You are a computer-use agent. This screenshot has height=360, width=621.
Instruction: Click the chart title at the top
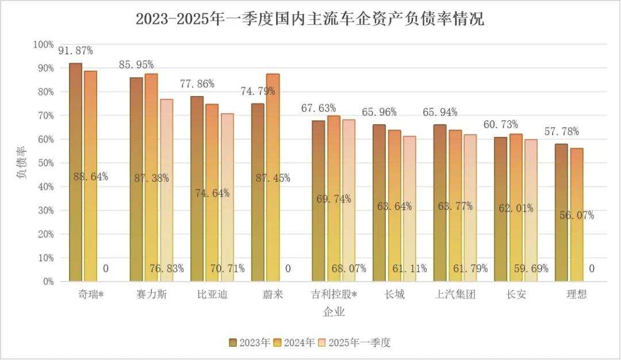(310, 19)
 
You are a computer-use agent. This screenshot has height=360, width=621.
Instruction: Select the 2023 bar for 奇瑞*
(75, 173)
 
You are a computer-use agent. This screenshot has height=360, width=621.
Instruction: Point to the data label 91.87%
(75, 51)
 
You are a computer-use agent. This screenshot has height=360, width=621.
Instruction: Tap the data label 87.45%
(273, 178)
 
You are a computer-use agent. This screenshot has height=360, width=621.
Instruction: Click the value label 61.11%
(409, 269)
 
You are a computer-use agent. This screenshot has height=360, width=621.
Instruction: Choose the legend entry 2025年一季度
(354, 343)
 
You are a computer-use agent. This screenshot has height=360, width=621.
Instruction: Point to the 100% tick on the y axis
(44, 44)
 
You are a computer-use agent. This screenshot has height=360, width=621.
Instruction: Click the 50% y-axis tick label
(45, 163)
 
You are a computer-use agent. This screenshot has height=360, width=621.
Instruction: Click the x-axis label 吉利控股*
(333, 295)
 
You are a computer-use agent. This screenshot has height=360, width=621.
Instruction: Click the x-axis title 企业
(334, 312)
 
